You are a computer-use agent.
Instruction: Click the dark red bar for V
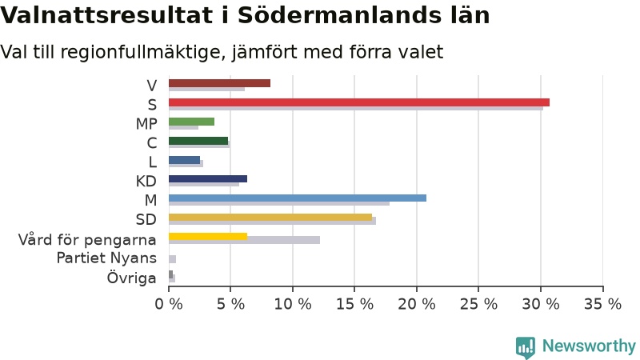click(219, 83)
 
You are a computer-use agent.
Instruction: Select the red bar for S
click(359, 102)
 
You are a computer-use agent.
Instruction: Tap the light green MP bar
click(191, 122)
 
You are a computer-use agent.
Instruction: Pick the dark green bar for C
click(198, 141)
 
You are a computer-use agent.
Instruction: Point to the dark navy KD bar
click(208, 178)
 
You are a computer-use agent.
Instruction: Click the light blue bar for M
click(298, 198)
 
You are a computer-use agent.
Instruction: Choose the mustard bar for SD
click(270, 217)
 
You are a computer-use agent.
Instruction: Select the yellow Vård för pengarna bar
click(208, 236)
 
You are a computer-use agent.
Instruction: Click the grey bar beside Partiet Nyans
click(172, 259)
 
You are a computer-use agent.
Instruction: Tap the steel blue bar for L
click(185, 160)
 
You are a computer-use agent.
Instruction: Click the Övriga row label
click(131, 278)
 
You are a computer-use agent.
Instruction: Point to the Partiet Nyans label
click(106, 258)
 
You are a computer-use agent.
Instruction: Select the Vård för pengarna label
click(87, 239)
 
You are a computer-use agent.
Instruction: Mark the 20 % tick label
click(417, 304)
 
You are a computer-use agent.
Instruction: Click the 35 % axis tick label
click(603, 304)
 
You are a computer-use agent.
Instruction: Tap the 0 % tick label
click(169, 304)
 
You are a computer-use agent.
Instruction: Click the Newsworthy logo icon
click(526, 347)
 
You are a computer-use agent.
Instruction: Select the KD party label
click(146, 181)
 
